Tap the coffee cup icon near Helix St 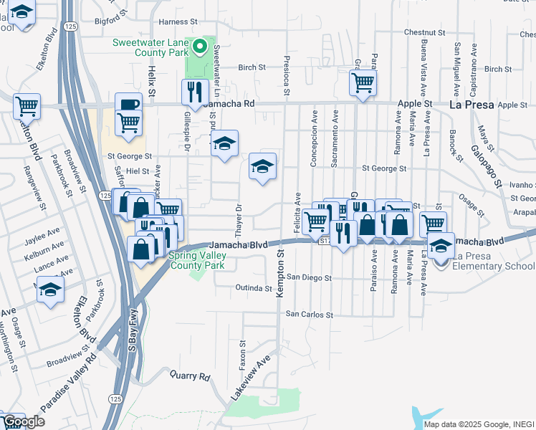[x=129, y=105]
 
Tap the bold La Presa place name [x=471, y=105]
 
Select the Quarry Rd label [x=190, y=375]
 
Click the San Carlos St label [x=310, y=314]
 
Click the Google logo [x=23, y=421]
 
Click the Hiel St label [x=137, y=171]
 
